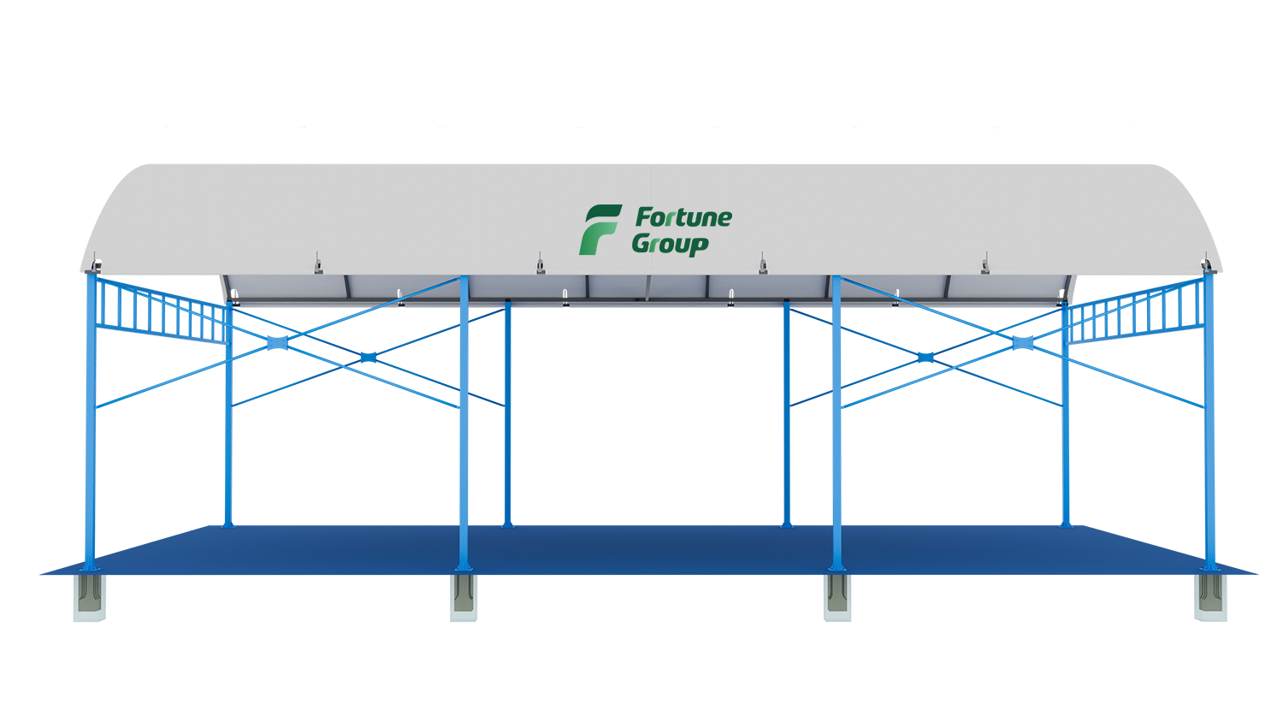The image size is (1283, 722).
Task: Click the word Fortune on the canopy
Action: (x=683, y=218)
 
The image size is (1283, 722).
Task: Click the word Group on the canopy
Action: (x=670, y=244)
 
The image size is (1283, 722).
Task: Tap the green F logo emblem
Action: (x=600, y=229)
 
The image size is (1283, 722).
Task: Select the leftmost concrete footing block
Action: (x=90, y=597)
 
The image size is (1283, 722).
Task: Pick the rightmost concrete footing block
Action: (x=1210, y=597)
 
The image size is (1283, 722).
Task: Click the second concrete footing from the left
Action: (x=464, y=597)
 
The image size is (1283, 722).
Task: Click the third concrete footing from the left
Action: (x=837, y=597)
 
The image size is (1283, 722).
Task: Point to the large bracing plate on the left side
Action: (x=278, y=343)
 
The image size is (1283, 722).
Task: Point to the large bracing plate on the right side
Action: (x=1023, y=343)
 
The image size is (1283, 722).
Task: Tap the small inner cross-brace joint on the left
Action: (x=369, y=358)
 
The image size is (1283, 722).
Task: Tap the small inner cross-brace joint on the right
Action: (x=925, y=358)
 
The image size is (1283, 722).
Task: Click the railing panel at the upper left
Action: (x=163, y=310)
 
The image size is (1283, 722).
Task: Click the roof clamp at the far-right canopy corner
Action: (x=1206, y=264)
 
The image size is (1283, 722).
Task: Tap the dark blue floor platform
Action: (x=647, y=550)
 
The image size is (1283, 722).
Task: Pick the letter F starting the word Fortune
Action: (x=644, y=217)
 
